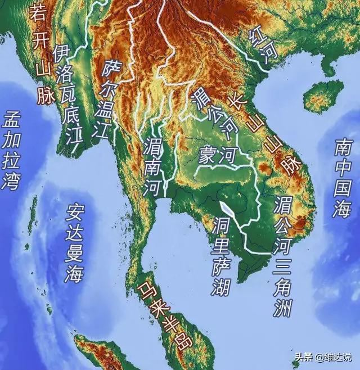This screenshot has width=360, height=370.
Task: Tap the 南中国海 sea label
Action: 341,178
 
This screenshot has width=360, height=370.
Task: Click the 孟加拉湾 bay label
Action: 12,151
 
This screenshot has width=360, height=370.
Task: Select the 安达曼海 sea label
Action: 74,242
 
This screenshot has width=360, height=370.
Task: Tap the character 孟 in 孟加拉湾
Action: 12,119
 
